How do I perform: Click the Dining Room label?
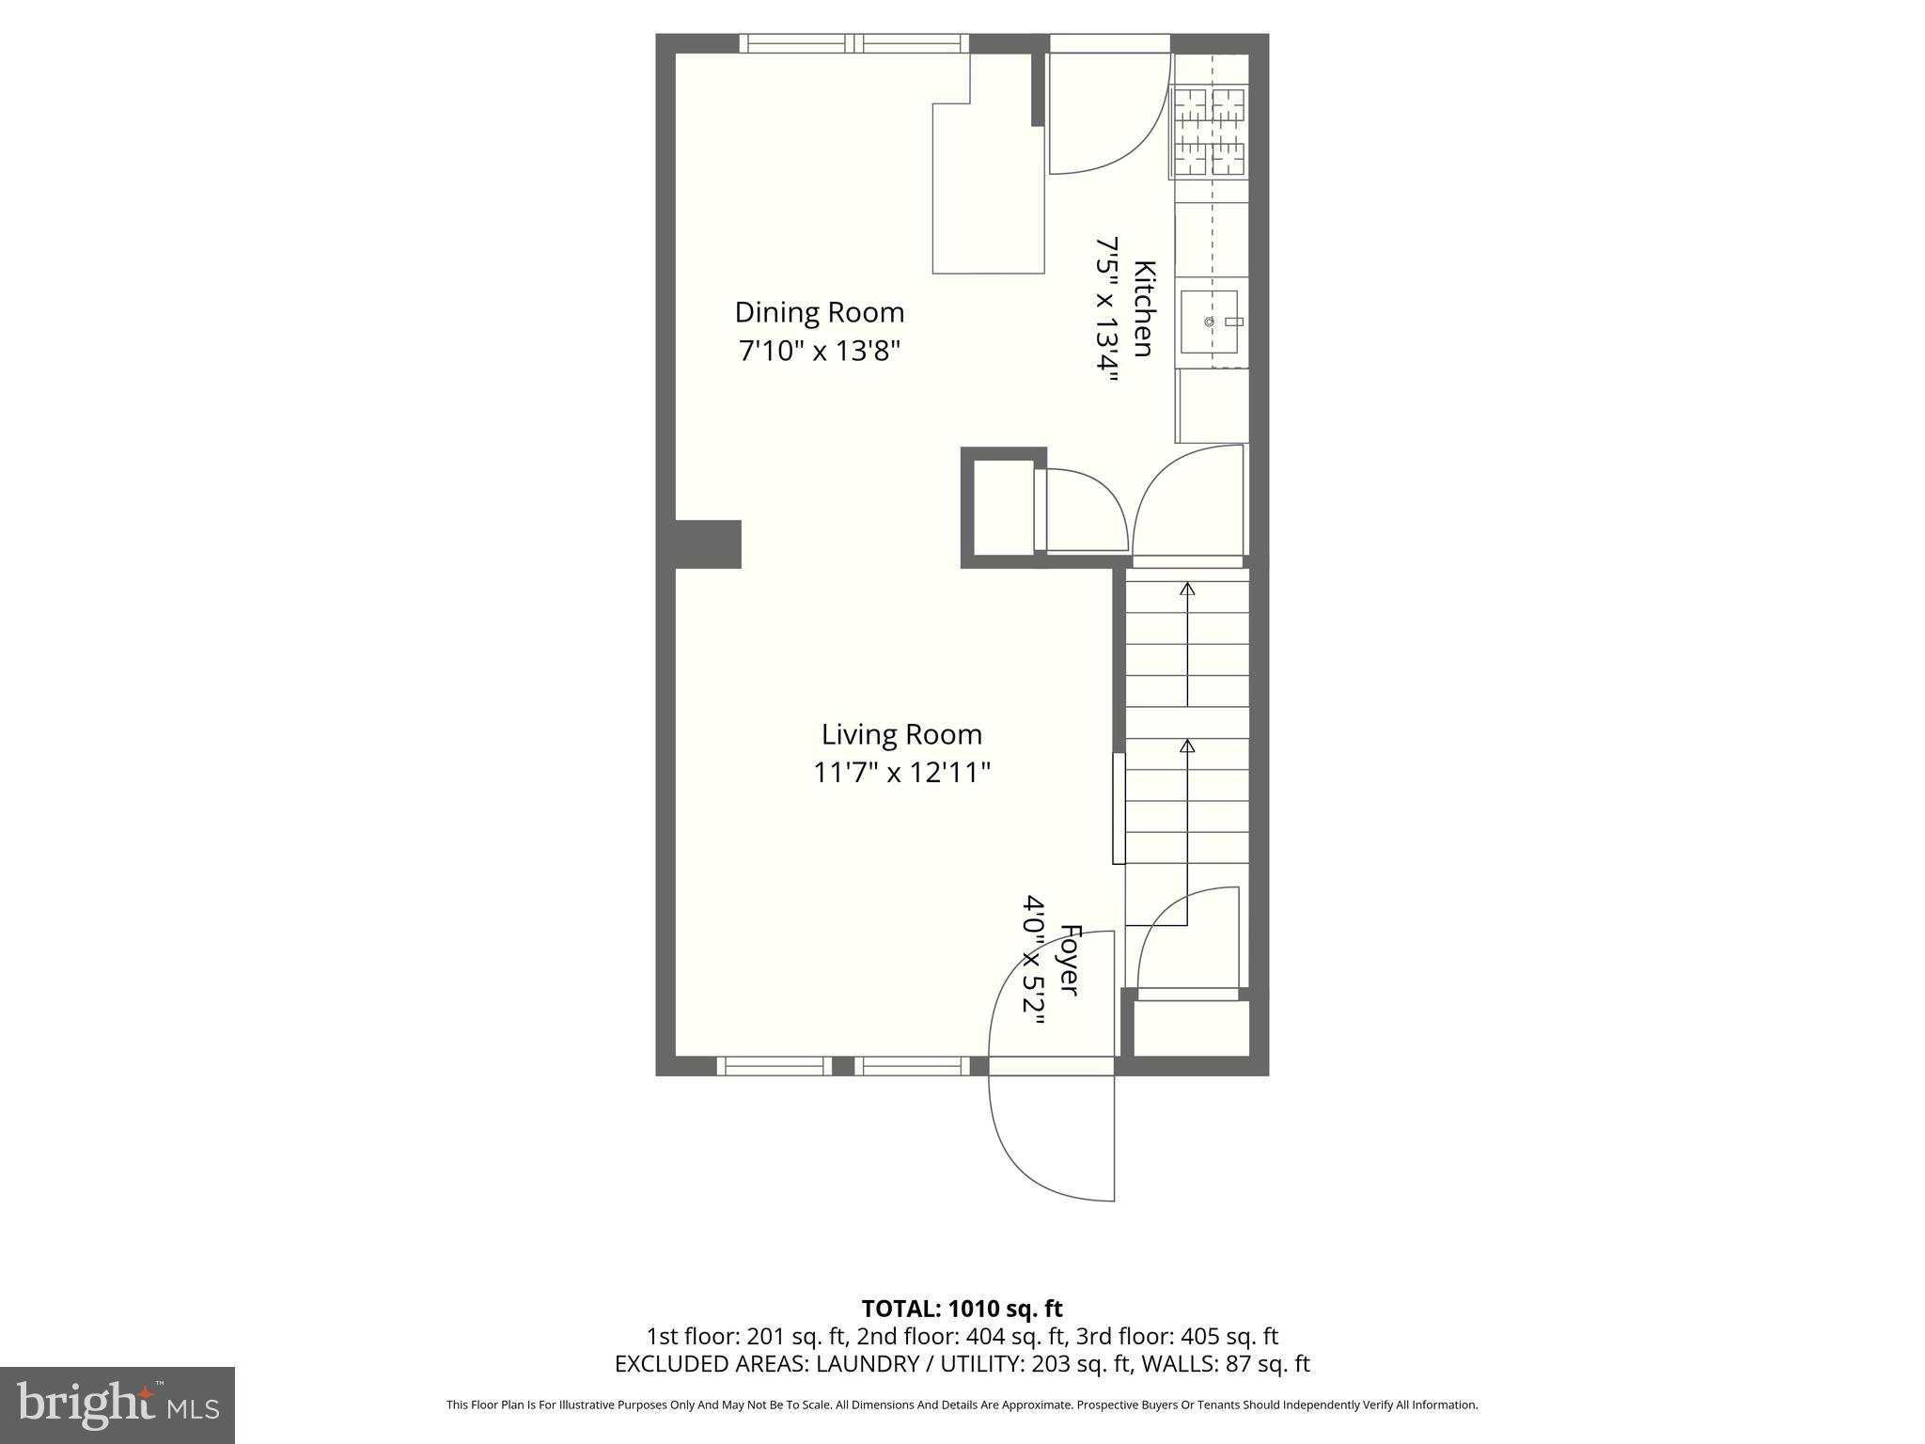pos(819,312)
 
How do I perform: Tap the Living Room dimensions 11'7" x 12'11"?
pos(901,773)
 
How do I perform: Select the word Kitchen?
pos(1143,308)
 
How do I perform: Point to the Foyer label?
pos(1069,959)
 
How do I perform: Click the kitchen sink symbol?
pos(1210,322)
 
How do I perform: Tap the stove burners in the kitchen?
pos(1209,132)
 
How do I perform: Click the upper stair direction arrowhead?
pos(1187,589)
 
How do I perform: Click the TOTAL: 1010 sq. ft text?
pos(962,1309)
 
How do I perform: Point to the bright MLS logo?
pos(117,1405)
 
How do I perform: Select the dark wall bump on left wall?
pos(708,543)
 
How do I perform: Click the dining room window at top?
pos(853,43)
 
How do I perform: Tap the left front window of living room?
pos(775,1065)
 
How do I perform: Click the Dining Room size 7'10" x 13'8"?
pos(819,352)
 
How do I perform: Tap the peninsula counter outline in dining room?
pos(988,188)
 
